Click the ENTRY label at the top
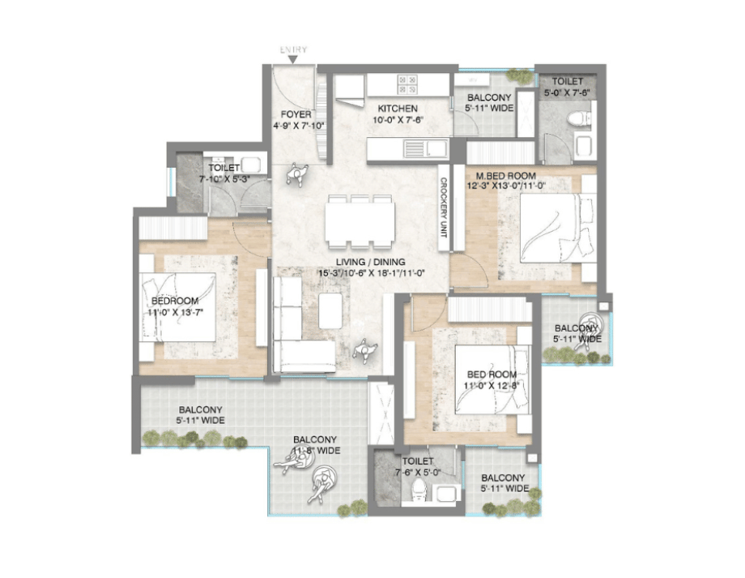tap(293, 50)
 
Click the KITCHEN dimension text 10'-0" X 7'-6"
tap(398, 120)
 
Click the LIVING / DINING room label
tap(372, 263)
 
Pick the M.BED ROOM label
tap(507, 175)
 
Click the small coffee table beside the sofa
tap(330, 310)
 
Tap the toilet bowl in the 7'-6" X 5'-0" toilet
tap(419, 488)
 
